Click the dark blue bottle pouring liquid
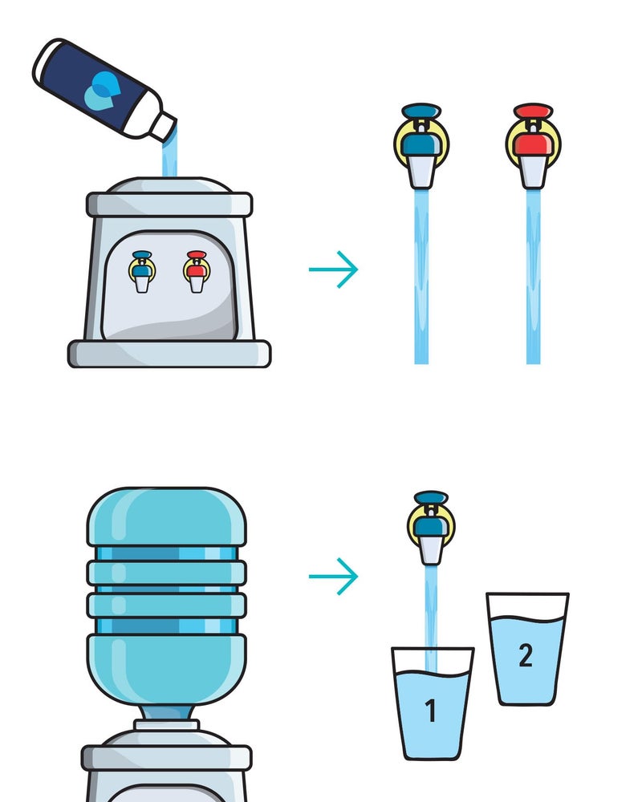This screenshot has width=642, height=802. point(96,84)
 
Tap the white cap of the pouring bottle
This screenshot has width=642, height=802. point(165,125)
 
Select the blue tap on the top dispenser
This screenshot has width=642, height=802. point(142,271)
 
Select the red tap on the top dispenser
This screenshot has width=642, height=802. point(196,271)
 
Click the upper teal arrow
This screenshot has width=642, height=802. point(333,269)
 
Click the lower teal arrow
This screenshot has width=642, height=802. point(333,576)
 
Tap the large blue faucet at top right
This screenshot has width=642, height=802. point(421,144)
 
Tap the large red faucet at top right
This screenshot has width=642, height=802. point(533,144)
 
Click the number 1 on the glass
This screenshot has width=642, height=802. point(431,711)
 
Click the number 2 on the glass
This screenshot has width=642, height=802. point(526,655)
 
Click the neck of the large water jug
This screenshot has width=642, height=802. point(166,714)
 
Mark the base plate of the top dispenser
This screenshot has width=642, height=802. point(169,353)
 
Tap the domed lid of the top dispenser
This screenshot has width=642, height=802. point(169,186)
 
